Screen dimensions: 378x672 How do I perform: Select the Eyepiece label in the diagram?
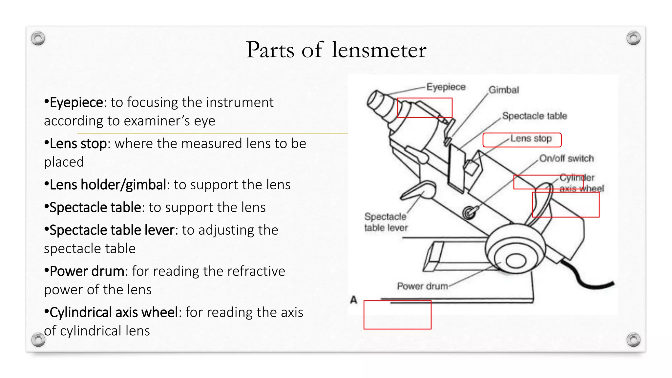pos(446,87)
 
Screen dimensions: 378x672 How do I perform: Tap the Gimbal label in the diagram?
pos(504,90)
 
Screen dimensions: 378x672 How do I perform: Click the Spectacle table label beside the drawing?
pos(535,116)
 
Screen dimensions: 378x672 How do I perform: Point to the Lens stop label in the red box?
pos(531,138)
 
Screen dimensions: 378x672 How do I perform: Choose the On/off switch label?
pos(567,158)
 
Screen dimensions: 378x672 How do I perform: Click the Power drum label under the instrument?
pos(422,286)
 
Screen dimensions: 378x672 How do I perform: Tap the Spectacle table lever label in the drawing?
pos(386,222)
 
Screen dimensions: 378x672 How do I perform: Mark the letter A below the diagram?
pos(353,300)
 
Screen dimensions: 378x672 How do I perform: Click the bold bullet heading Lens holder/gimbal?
pos(108,185)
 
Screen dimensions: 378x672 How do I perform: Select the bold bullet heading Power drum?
pos(87,271)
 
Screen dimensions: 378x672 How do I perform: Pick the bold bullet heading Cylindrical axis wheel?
pos(114,312)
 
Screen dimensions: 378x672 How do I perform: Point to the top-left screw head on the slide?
pos(38,39)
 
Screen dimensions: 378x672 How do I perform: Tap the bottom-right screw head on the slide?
pos(633,340)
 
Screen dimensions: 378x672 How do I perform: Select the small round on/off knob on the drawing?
pos(470,213)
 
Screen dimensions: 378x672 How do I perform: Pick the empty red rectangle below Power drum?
pos(397,315)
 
